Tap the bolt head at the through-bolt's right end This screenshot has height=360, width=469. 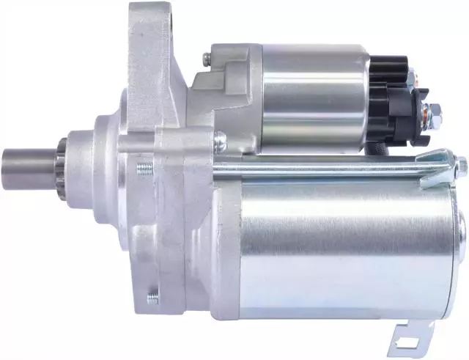[x=461, y=164]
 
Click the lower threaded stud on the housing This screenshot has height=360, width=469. [x=152, y=297]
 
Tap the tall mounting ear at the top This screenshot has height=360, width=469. [x=150, y=37]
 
